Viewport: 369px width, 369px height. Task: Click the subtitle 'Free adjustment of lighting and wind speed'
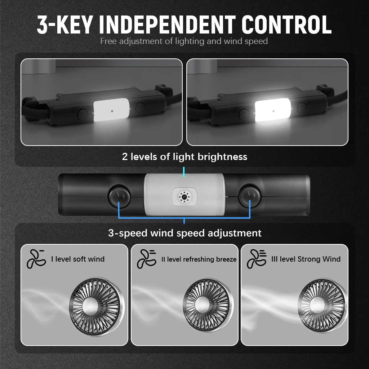[x=184, y=41]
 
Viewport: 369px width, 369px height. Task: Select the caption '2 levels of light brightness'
[x=184, y=157]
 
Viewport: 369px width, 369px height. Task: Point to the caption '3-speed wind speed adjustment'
[x=184, y=233]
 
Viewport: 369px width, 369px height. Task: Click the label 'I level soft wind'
[x=77, y=259]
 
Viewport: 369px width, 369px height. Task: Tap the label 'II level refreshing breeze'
[x=199, y=259]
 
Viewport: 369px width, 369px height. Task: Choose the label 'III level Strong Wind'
[x=306, y=259]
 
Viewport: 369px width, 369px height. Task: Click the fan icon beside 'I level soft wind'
[x=36, y=258]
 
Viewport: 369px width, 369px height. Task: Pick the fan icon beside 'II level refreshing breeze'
[x=146, y=258]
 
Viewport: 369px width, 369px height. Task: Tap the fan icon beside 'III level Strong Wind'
[x=256, y=258]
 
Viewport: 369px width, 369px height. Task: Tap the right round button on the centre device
[x=249, y=196]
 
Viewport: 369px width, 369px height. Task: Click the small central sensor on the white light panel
[x=184, y=196]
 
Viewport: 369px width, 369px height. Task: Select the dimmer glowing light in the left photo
[x=111, y=111]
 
